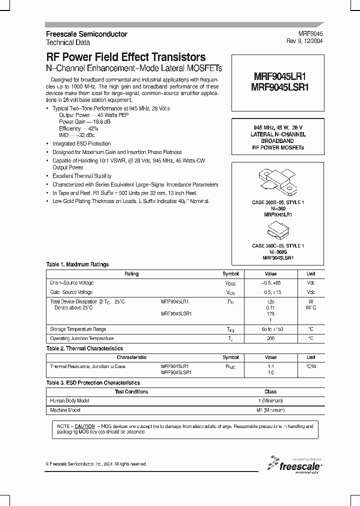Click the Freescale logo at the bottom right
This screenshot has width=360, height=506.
[294, 464]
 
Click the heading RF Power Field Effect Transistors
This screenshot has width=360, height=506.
[125, 57]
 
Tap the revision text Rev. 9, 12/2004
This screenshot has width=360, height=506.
[305, 41]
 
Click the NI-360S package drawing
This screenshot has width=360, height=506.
[276, 230]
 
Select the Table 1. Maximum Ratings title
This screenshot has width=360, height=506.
[77, 264]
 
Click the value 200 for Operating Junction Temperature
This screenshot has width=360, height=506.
[270, 338]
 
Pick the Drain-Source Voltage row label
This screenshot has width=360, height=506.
[71, 283]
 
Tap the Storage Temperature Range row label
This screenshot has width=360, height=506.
[78, 329]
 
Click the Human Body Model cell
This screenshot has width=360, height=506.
[70, 401]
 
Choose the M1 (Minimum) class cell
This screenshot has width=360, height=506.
[270, 410]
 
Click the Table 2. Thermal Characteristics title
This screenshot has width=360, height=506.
[84, 348]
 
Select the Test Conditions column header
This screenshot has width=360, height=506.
[131, 392]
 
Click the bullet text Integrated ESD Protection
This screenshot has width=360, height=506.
[81, 144]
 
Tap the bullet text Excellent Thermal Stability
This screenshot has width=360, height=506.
[82, 176]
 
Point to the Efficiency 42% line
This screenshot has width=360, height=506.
[78, 128]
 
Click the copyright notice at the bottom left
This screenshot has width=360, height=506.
[96, 464]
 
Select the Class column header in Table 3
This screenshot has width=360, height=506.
[270, 392]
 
